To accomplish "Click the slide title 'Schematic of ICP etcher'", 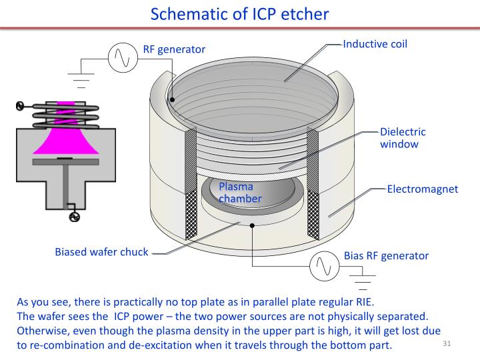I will [240, 13].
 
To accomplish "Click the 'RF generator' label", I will [174, 49].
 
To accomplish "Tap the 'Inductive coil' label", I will [375, 45].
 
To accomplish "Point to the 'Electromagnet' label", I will [423, 189].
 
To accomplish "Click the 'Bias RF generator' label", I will [386, 255].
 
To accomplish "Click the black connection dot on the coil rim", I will [172, 100].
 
